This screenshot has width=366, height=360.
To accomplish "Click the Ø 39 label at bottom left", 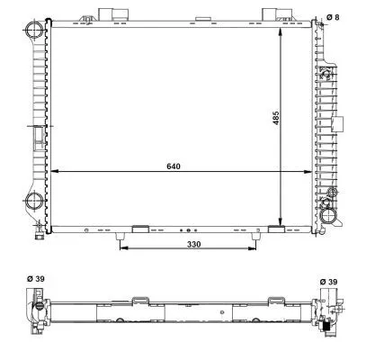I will coord(35,279).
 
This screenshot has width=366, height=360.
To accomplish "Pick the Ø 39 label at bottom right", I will coord(329,282).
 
